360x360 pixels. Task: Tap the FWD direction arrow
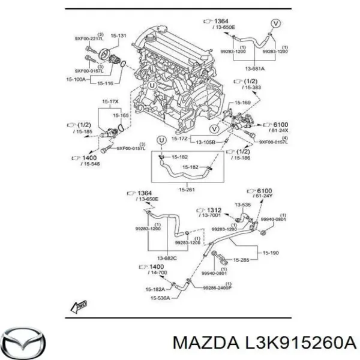point(79,307)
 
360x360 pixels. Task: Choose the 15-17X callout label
point(110,102)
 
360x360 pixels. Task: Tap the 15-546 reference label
point(91,163)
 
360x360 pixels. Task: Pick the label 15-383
point(252,88)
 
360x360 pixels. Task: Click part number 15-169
point(241,102)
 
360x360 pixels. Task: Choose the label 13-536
point(243,204)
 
